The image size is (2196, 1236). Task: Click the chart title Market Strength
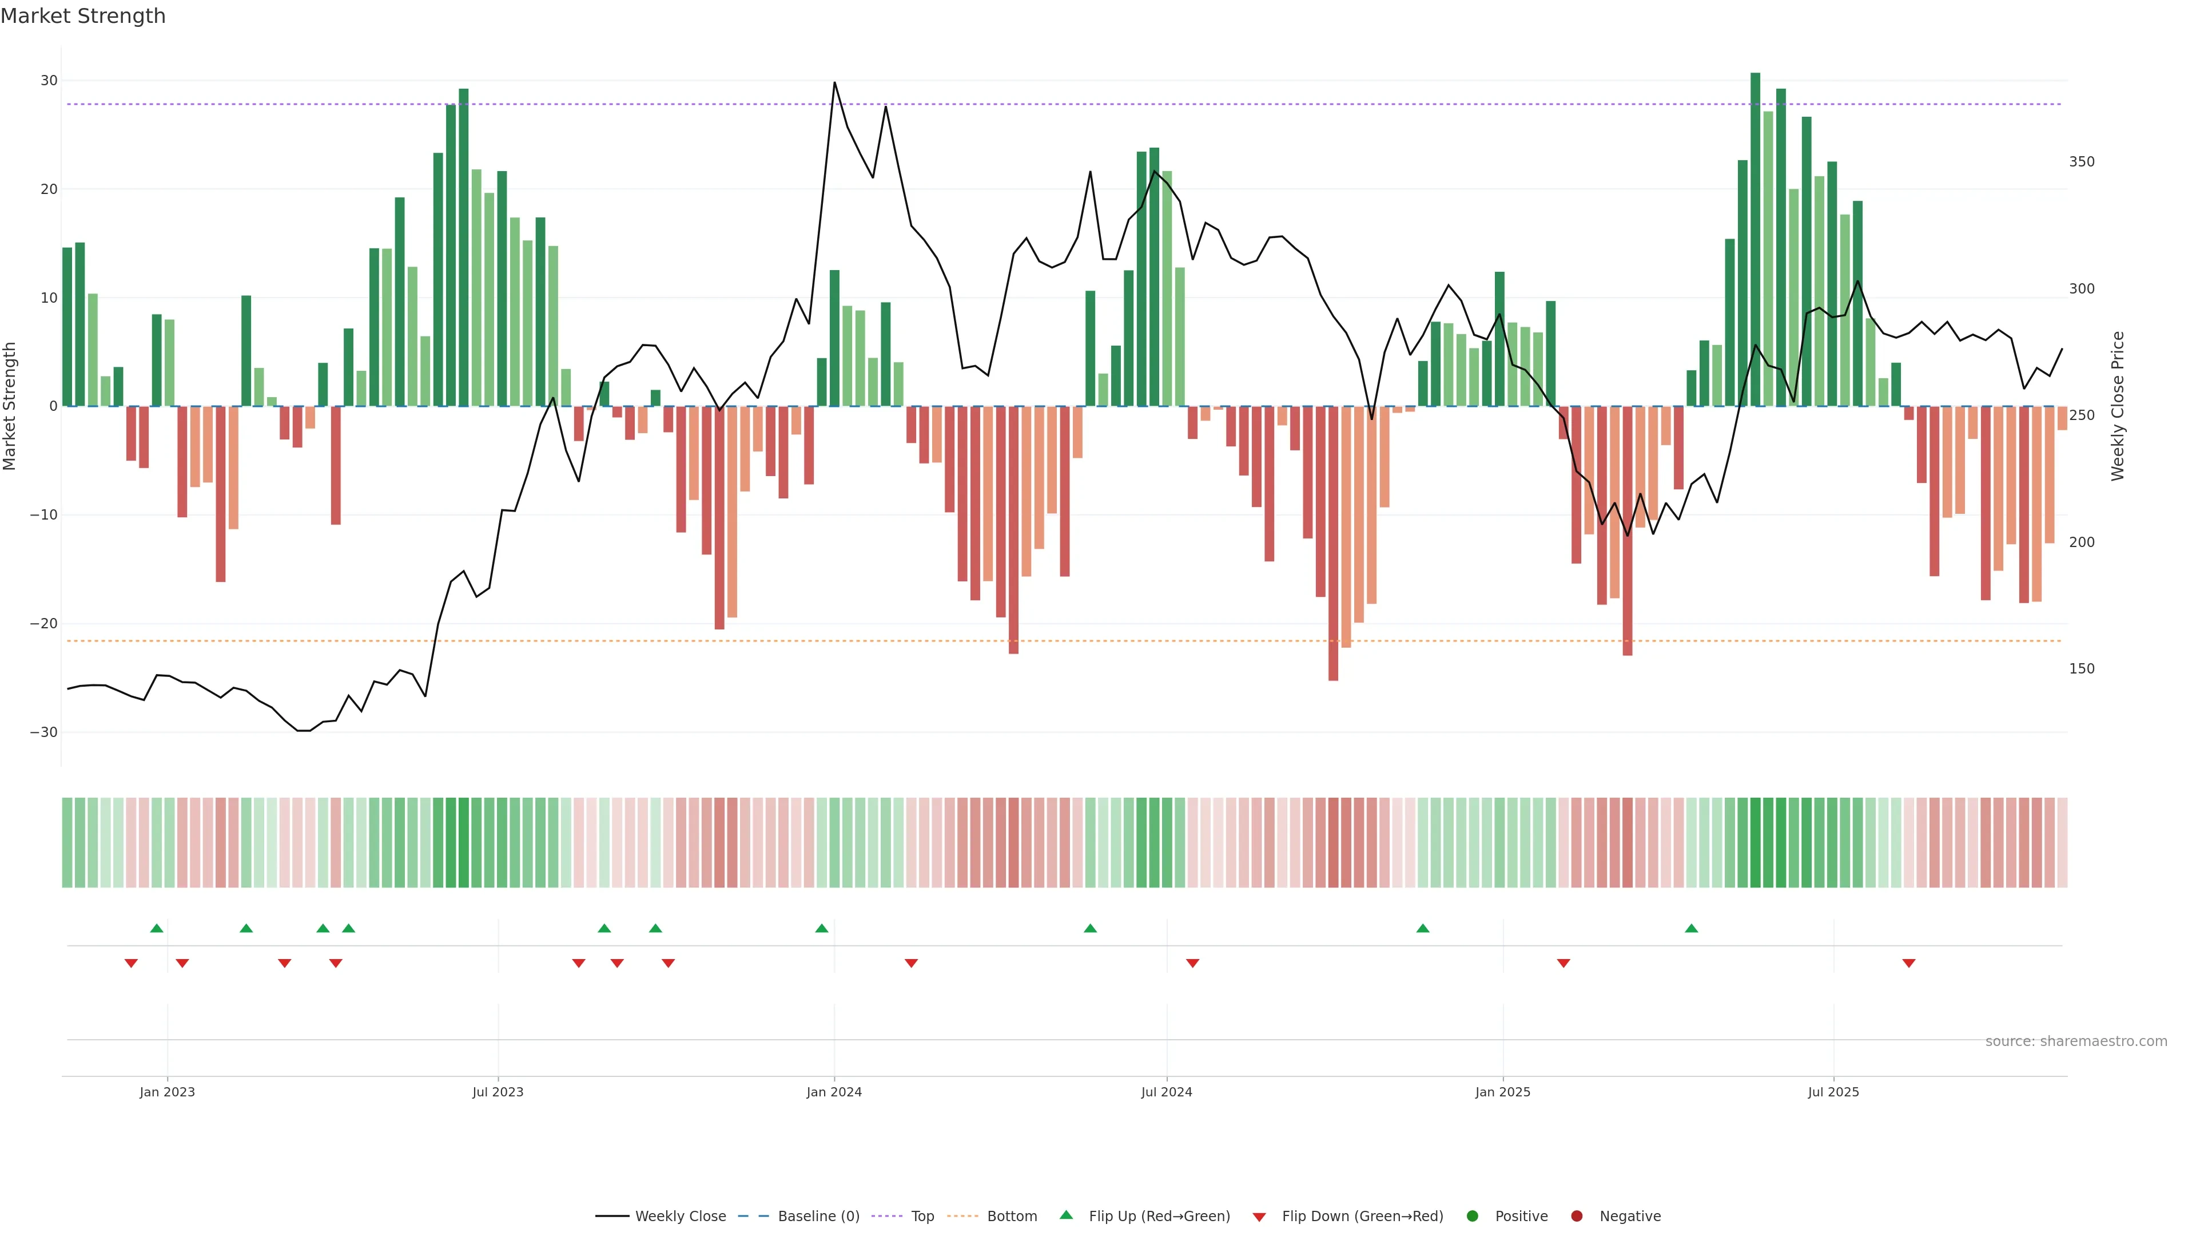(83, 16)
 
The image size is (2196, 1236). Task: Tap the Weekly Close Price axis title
(2118, 406)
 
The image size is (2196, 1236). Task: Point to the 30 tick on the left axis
(49, 81)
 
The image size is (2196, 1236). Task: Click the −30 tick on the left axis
(43, 732)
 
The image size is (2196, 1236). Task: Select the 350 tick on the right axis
(2081, 162)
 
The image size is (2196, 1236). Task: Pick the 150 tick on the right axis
(2081, 669)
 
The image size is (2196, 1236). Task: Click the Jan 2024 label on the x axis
(834, 1092)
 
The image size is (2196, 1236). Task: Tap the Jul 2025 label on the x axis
(1833, 1092)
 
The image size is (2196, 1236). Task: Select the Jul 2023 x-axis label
(498, 1092)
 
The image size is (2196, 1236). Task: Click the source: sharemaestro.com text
(2076, 1041)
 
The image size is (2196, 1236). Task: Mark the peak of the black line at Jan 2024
(834, 83)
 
